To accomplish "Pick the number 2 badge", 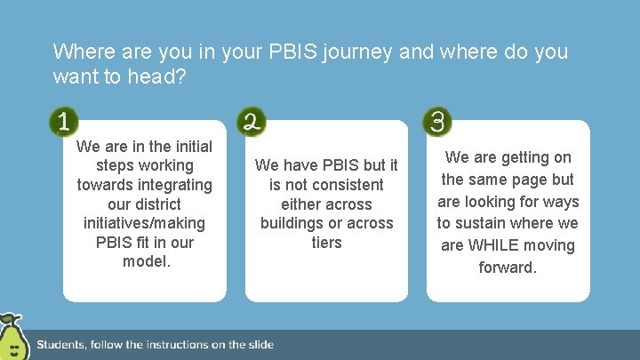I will click(x=252, y=122).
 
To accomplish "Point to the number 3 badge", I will click(x=437, y=122).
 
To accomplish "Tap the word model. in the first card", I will click(x=145, y=261).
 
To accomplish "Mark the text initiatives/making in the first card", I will click(x=145, y=223).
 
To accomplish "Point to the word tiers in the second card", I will click(x=326, y=243).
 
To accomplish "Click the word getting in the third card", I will click(x=525, y=157).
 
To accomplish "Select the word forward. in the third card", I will click(x=508, y=267).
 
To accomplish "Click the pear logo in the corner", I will click(x=12, y=339).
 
